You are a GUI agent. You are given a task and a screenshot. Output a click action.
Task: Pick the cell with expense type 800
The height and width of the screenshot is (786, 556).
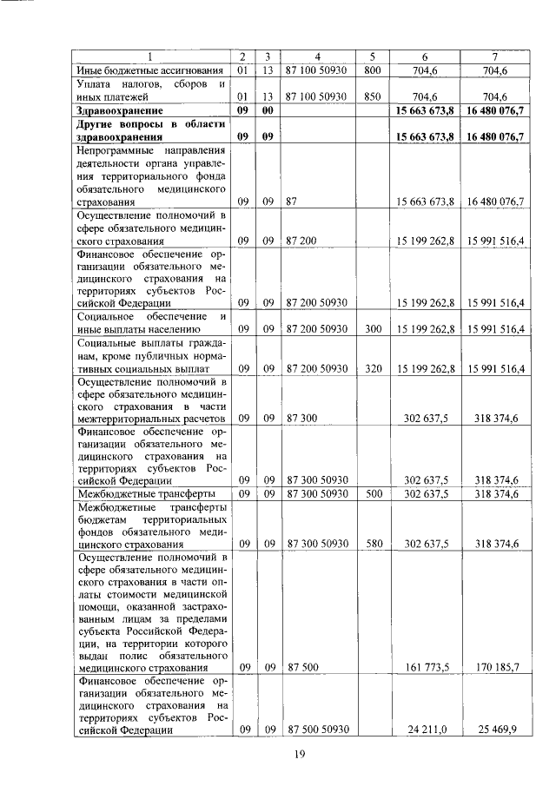point(373,70)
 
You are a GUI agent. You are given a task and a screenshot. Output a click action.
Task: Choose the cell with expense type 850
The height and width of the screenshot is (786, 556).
point(373,96)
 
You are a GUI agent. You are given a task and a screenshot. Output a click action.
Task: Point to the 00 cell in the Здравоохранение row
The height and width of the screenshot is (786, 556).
point(269,111)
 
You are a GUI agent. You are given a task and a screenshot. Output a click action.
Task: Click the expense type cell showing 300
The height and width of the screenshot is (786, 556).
point(373,329)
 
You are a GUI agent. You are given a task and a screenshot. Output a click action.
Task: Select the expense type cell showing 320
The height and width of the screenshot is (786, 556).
point(373,369)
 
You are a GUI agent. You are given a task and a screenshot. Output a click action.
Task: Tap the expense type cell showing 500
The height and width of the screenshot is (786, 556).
point(373,493)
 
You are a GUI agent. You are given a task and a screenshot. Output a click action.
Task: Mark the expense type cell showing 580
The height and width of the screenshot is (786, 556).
point(373,544)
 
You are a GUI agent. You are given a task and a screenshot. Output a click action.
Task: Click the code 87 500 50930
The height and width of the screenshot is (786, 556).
point(317,730)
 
